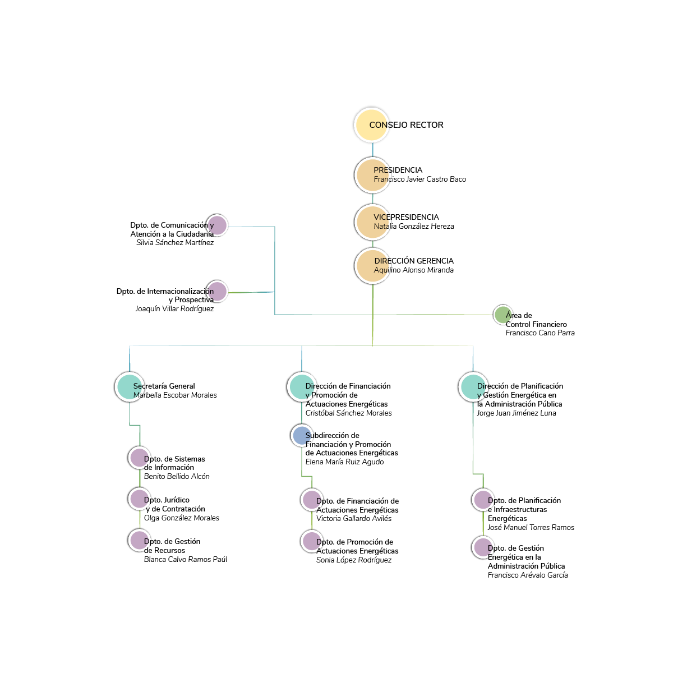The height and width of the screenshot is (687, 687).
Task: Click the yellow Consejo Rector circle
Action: click(371, 125)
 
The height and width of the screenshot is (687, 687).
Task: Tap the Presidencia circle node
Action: click(372, 175)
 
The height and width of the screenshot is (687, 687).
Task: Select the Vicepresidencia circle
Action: click(372, 222)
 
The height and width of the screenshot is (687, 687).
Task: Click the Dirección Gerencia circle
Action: click(372, 266)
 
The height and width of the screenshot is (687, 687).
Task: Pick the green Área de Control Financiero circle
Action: click(502, 315)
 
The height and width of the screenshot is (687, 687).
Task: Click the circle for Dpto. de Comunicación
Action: click(216, 225)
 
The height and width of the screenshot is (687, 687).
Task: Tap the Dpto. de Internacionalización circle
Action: click(216, 291)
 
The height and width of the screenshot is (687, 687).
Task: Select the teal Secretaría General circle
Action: click(130, 386)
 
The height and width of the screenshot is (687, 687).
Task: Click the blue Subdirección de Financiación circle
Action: click(302, 435)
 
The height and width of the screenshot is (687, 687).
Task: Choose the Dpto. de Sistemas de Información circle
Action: click(139, 458)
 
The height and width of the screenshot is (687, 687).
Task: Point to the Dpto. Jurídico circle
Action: click(139, 498)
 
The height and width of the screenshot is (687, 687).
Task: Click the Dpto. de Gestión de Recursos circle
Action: click(139, 540)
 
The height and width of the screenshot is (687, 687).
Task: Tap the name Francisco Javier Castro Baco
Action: click(419, 179)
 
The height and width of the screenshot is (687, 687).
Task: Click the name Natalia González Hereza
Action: click(414, 227)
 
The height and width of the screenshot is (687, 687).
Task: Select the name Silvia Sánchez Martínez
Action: click(175, 243)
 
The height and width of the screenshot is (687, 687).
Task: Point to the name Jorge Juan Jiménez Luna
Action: click(516, 413)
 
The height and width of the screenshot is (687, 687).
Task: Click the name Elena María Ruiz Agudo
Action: click(344, 462)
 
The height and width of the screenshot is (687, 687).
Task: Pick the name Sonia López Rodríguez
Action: click(353, 560)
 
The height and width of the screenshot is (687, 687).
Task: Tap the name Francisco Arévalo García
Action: click(527, 575)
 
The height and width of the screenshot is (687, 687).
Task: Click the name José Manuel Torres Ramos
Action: click(531, 528)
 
